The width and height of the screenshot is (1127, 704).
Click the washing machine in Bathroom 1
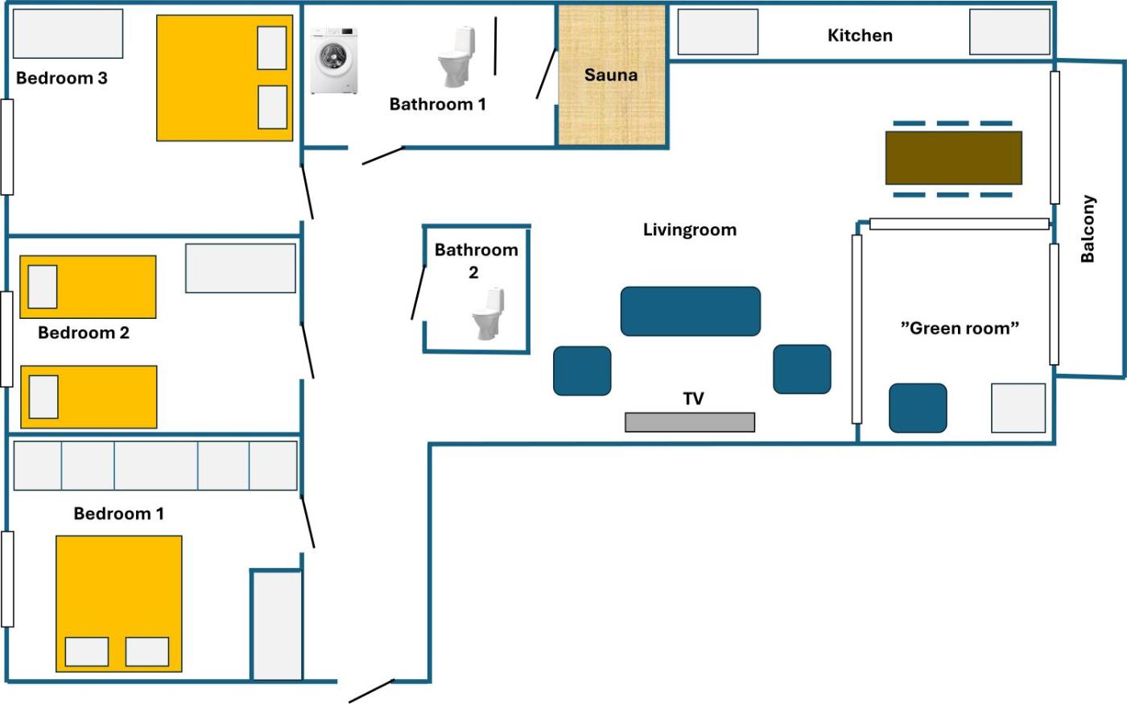click(333, 60)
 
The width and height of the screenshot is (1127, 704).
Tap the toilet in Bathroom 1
click(457, 56)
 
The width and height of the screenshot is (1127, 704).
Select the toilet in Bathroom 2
click(489, 313)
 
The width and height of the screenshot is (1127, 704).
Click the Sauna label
click(611, 75)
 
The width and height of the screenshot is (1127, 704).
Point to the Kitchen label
click(860, 35)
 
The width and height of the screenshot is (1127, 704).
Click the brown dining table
click(953, 158)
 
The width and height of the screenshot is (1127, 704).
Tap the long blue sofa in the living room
click(691, 311)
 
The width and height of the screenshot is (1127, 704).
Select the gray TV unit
click(690, 422)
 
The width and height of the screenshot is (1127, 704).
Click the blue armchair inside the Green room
click(918, 408)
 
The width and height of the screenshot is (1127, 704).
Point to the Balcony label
click(1088, 229)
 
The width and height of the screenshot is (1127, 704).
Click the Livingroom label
click(690, 230)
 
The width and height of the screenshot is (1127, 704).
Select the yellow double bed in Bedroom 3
click(225, 78)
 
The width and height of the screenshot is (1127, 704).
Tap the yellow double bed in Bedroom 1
click(119, 603)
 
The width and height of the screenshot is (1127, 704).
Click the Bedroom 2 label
click(84, 333)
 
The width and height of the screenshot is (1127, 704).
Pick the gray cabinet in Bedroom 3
click(68, 33)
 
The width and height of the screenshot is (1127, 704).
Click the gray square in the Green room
click(1018, 408)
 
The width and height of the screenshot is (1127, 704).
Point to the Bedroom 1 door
click(308, 522)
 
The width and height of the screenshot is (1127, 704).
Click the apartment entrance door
click(371, 691)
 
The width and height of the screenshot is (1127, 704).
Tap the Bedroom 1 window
click(7, 579)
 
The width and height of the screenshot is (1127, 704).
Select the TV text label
click(693, 399)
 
